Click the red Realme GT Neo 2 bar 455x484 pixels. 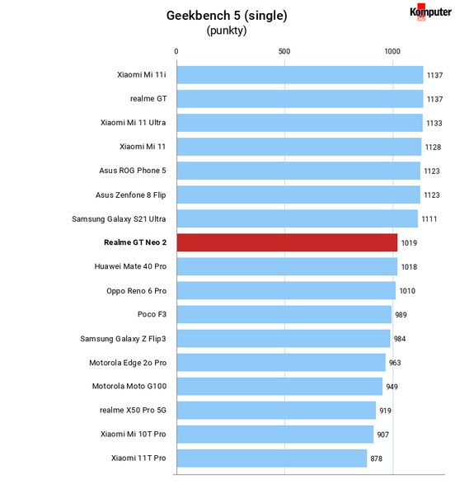(287, 242)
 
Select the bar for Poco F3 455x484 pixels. (284, 314)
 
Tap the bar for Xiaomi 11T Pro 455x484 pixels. (272, 458)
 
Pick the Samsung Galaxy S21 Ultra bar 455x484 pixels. (298, 219)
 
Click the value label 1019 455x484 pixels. (409, 243)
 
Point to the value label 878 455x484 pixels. (377, 458)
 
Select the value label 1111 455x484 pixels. (429, 219)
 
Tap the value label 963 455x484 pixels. (395, 363)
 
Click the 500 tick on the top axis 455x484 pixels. (284, 51)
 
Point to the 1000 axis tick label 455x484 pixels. (392, 51)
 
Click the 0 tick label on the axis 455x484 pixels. (176, 51)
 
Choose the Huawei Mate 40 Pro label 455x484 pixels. (130, 266)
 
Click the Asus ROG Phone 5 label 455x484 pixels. (133, 171)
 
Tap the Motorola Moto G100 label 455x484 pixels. (129, 386)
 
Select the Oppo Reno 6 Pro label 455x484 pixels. (137, 291)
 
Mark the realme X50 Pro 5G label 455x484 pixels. (133, 411)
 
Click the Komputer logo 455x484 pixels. (430, 12)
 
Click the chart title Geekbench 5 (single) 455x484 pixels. (227, 16)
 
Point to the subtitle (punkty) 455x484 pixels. (227, 31)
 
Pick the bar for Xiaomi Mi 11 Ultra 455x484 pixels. (300, 123)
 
